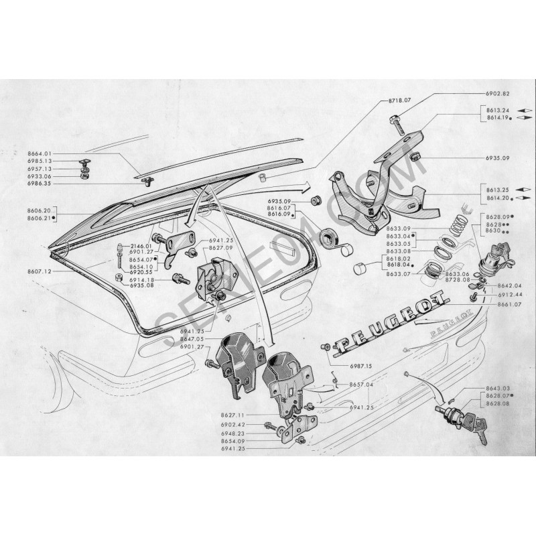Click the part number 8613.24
(x=493, y=110)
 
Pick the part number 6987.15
(x=358, y=365)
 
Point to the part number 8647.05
(x=192, y=340)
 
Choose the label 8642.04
(x=496, y=286)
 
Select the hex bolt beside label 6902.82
(x=395, y=125)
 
